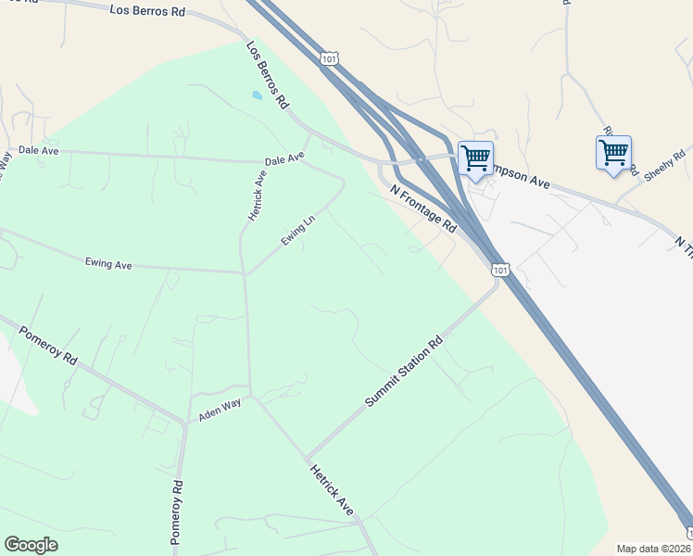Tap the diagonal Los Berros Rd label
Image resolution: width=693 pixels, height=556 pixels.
tap(268, 76)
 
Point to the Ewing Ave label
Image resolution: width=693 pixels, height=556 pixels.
tap(108, 264)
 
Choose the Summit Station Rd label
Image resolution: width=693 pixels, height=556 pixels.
tap(404, 372)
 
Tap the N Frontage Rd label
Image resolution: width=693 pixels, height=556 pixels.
tap(424, 208)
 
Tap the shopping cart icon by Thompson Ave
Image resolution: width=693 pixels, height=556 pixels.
tap(475, 158)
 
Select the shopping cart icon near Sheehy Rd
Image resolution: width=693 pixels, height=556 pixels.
tap(613, 153)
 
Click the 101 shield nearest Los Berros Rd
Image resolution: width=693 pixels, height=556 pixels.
tap(329, 58)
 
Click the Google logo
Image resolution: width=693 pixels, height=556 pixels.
tap(31, 545)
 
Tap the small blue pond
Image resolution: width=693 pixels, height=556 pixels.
tap(257, 95)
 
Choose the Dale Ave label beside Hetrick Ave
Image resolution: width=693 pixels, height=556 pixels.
tap(284, 160)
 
